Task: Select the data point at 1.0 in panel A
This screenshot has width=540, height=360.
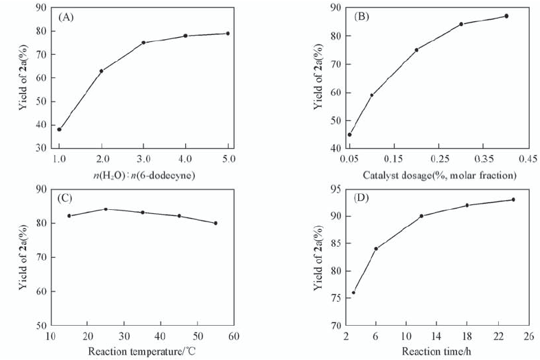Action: pos(60,129)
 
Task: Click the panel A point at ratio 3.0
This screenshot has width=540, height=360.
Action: pos(143,43)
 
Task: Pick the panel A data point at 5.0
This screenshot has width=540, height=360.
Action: pos(228,33)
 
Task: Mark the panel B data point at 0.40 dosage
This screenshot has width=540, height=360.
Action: pos(506,16)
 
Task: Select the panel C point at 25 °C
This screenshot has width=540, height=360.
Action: pos(106,209)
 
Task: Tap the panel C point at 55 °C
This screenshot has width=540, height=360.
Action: pos(215,223)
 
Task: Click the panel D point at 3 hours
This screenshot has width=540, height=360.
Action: pos(353,293)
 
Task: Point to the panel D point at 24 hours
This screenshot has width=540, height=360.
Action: pos(513,200)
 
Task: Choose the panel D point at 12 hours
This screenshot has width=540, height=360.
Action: pos(421,216)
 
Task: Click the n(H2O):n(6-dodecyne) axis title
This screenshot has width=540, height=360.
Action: pos(144,176)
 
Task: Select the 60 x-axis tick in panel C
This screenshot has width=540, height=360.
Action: pos(233,337)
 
